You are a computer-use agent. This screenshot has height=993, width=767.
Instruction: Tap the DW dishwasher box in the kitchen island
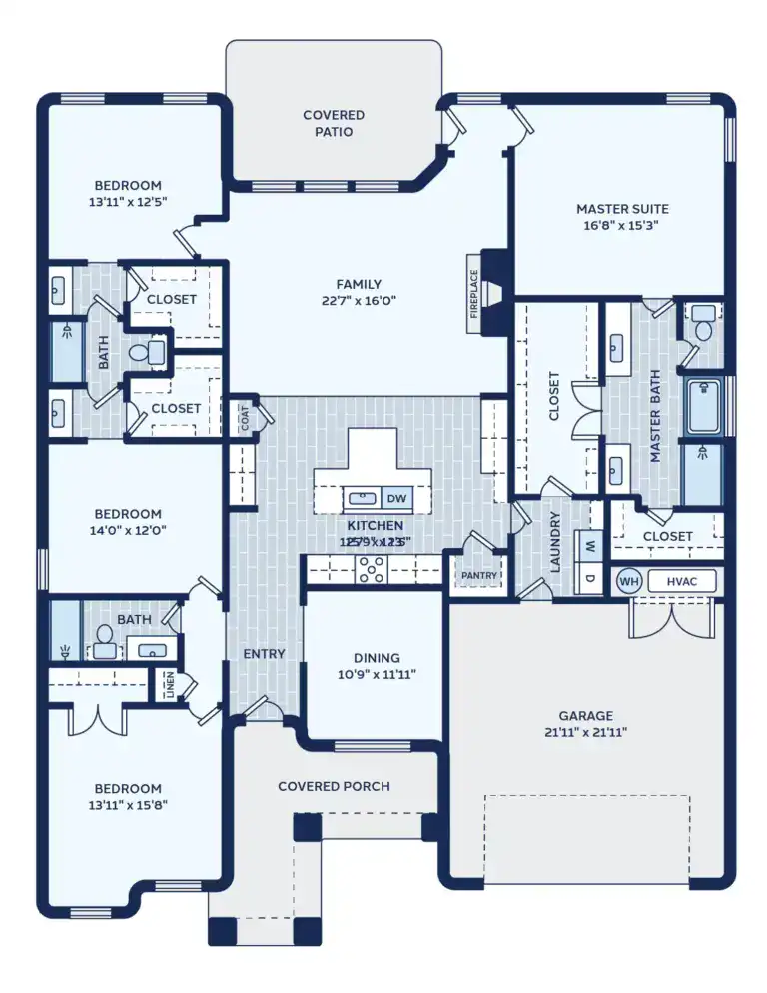tap(397, 498)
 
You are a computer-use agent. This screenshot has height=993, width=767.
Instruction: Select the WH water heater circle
tap(628, 581)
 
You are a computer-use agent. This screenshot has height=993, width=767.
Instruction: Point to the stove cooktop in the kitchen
tap(373, 569)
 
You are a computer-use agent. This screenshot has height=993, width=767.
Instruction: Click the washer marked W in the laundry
tap(590, 547)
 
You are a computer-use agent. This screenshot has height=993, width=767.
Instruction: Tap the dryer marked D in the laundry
tap(590, 578)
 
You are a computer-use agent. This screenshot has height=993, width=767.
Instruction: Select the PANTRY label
tap(472, 576)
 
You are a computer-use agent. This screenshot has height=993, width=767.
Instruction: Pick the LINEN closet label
tap(168, 685)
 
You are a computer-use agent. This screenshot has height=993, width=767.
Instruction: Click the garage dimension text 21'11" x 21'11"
tap(586, 732)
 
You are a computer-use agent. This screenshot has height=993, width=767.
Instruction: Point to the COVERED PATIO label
tap(334, 123)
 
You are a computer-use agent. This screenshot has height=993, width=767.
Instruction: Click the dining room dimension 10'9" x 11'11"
tap(377, 674)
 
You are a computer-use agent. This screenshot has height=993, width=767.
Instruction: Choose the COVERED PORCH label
tap(334, 786)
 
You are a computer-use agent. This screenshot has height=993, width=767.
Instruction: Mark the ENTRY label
tap(264, 654)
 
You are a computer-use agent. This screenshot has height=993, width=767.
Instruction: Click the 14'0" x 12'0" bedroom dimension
tap(128, 531)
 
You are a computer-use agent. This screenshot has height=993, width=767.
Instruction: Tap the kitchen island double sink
tap(362, 498)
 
